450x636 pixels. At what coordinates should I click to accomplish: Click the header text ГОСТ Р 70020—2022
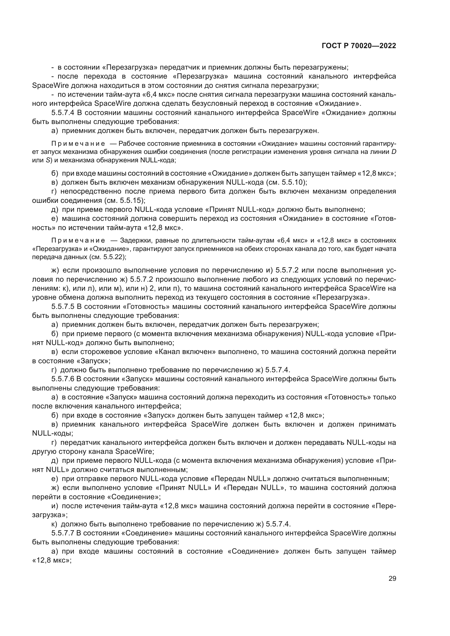tap(359, 46)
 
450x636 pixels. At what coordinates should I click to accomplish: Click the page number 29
tap(392, 579)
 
